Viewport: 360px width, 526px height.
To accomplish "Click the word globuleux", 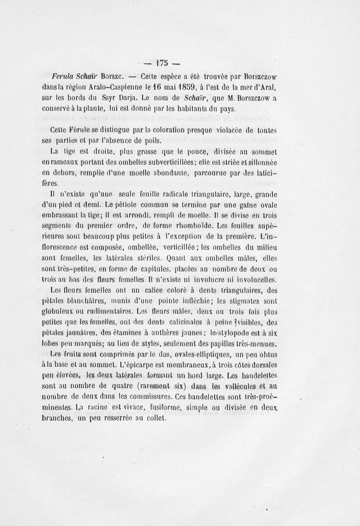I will click(x=60, y=312).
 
